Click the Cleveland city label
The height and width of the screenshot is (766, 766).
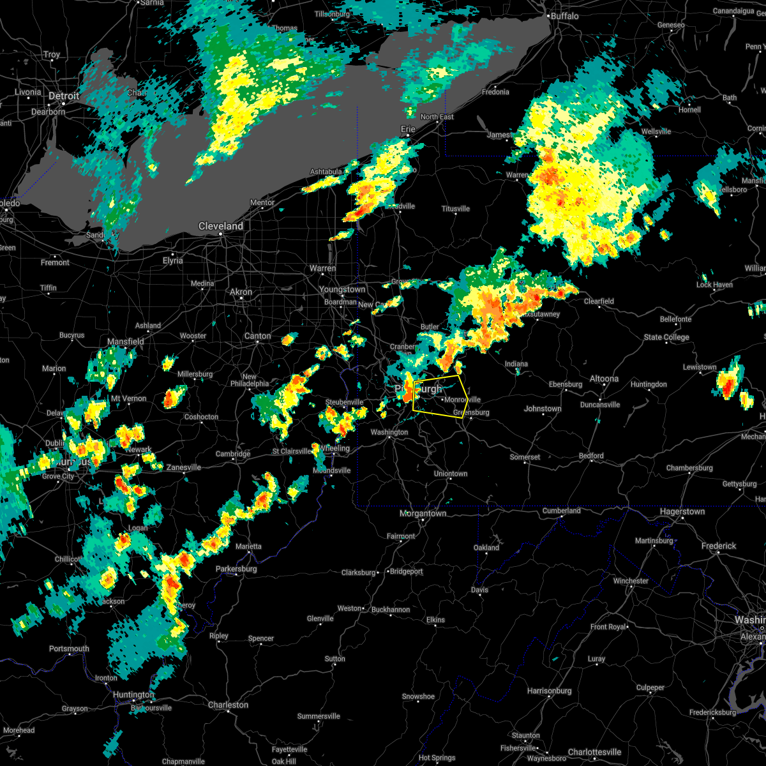221,227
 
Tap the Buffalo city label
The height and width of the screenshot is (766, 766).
564,16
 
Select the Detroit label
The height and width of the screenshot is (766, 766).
64,96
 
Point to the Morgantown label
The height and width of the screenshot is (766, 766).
423,513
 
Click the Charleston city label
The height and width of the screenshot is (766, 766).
228,705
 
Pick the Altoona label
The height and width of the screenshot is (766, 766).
604,379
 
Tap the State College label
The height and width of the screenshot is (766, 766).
666,337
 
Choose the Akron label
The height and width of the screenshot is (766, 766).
241,292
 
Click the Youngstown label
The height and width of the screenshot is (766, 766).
343,289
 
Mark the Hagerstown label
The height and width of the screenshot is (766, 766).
683,511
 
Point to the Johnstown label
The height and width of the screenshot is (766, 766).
543,409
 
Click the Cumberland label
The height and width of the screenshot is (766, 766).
562,511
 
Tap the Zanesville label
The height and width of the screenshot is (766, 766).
184,467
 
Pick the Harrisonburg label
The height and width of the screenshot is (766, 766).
550,691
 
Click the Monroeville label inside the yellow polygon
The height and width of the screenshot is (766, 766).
462,400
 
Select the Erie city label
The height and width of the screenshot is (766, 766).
408,129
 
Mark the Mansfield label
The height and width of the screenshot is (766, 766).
126,342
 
